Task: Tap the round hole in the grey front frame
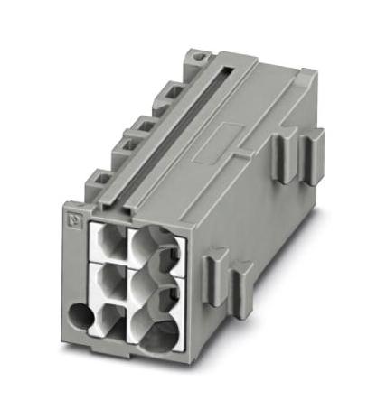[x=81, y=318]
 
